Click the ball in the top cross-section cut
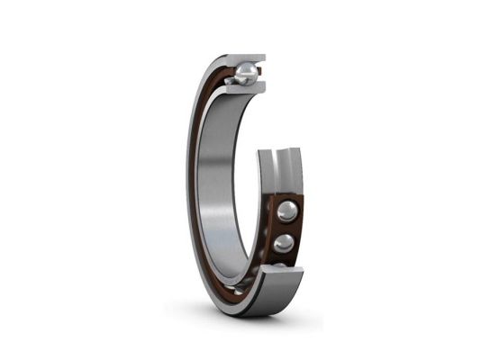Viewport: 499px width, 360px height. [246, 71]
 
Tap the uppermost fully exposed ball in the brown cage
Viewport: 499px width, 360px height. [286, 211]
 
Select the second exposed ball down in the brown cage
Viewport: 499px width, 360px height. [285, 243]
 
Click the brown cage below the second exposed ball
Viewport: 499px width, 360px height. [285, 257]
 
